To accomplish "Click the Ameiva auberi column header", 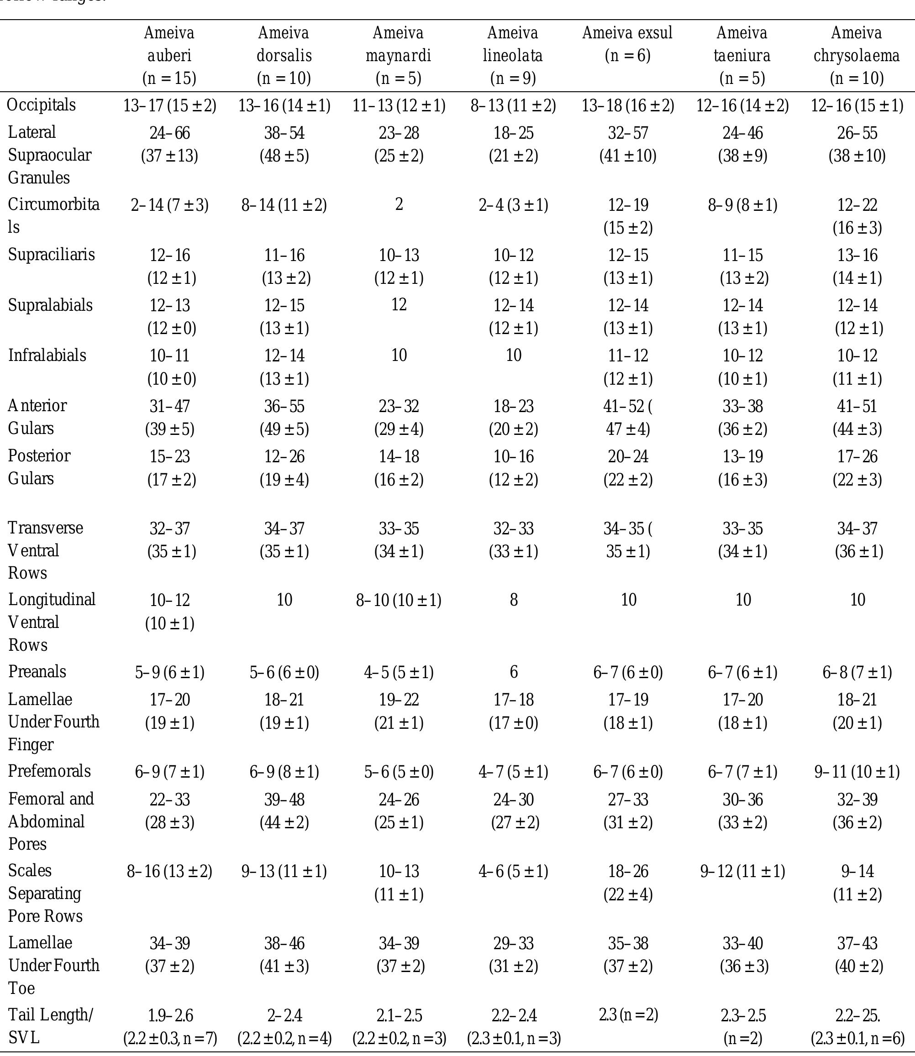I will tap(169, 55).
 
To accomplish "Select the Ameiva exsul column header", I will tap(627, 44).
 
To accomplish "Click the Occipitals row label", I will tap(42, 105).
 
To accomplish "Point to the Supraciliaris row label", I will tap(51, 254).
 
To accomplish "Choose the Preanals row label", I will tap(37, 671).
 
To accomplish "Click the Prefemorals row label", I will tap(49, 771).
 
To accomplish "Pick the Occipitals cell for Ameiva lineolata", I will tap(513, 106).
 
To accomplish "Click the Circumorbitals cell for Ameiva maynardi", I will tap(399, 204).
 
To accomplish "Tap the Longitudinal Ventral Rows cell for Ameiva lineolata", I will tap(513, 600).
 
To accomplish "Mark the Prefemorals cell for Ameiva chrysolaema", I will tap(857, 772).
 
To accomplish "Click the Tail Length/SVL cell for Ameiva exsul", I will tap(628, 1015).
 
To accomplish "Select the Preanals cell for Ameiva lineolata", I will tap(513, 672).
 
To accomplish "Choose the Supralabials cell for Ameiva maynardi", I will tap(399, 305).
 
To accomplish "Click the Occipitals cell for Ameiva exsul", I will tap(628, 106).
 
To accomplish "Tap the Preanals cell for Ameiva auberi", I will tap(169, 672).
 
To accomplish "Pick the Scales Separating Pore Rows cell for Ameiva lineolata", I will tap(513, 871).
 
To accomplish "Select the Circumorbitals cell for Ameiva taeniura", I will tap(742, 205).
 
